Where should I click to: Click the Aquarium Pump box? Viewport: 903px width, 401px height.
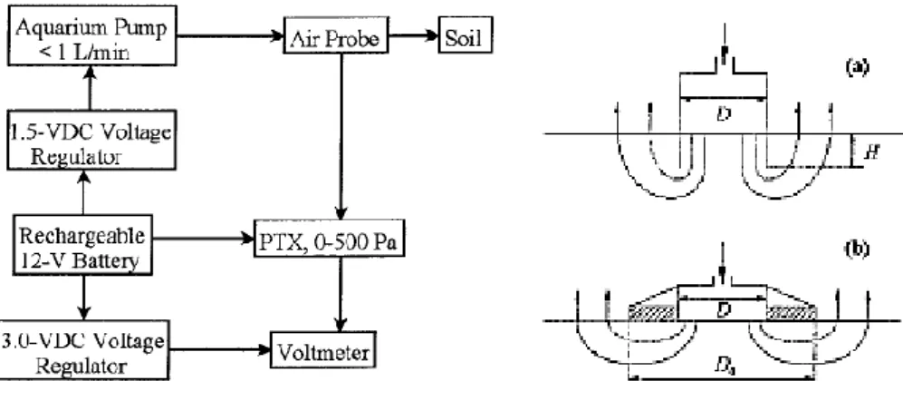pos(91,34)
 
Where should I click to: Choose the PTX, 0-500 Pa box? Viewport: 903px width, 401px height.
pos(329,245)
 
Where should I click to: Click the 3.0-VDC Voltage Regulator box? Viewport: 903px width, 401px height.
pos(84,349)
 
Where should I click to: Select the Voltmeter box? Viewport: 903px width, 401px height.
pos(323,349)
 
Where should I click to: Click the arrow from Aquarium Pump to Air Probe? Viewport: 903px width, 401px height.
pos(230,36)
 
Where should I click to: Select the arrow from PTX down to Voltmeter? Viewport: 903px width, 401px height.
pos(341,296)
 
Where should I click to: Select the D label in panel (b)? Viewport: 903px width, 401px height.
pos(724,308)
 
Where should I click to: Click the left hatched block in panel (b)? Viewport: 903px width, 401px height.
pos(654,313)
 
